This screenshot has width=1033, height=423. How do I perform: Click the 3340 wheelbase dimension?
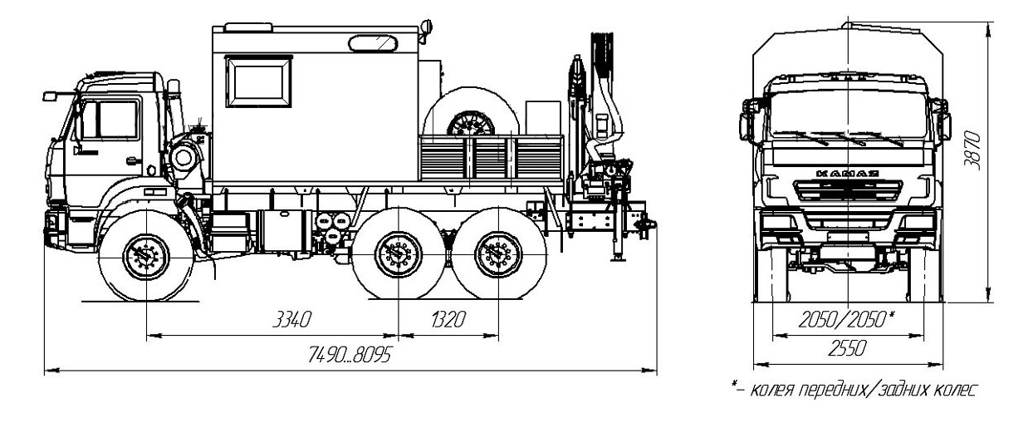click(292, 319)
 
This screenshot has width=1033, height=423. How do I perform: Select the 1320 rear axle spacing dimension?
click(448, 319)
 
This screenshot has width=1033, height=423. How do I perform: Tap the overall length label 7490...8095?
click(350, 355)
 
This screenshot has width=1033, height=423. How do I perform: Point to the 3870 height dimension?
click(972, 151)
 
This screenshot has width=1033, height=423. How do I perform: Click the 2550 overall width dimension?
click(848, 348)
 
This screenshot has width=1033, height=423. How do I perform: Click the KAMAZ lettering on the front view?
click(848, 174)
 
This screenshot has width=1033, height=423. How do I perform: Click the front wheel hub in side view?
click(146, 257)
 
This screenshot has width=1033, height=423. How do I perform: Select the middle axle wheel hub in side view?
click(398, 254)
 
